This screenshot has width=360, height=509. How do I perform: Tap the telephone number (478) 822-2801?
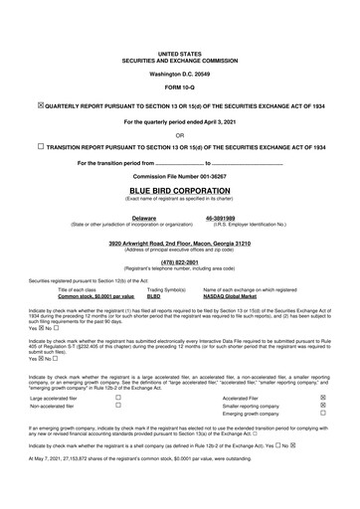coord(179,262)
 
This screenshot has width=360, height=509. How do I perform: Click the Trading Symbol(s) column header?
coord(166,290)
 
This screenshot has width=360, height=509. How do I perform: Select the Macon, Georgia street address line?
coord(179,243)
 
